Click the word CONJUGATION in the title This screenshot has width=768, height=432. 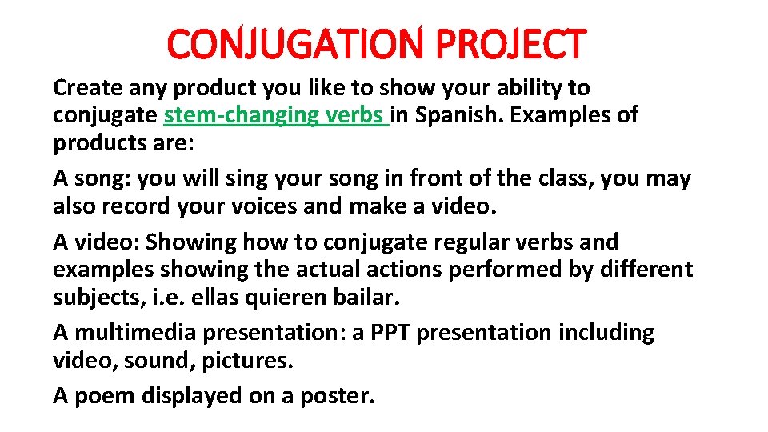click(x=295, y=45)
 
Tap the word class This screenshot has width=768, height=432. click(x=562, y=178)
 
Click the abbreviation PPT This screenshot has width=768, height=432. click(x=394, y=332)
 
